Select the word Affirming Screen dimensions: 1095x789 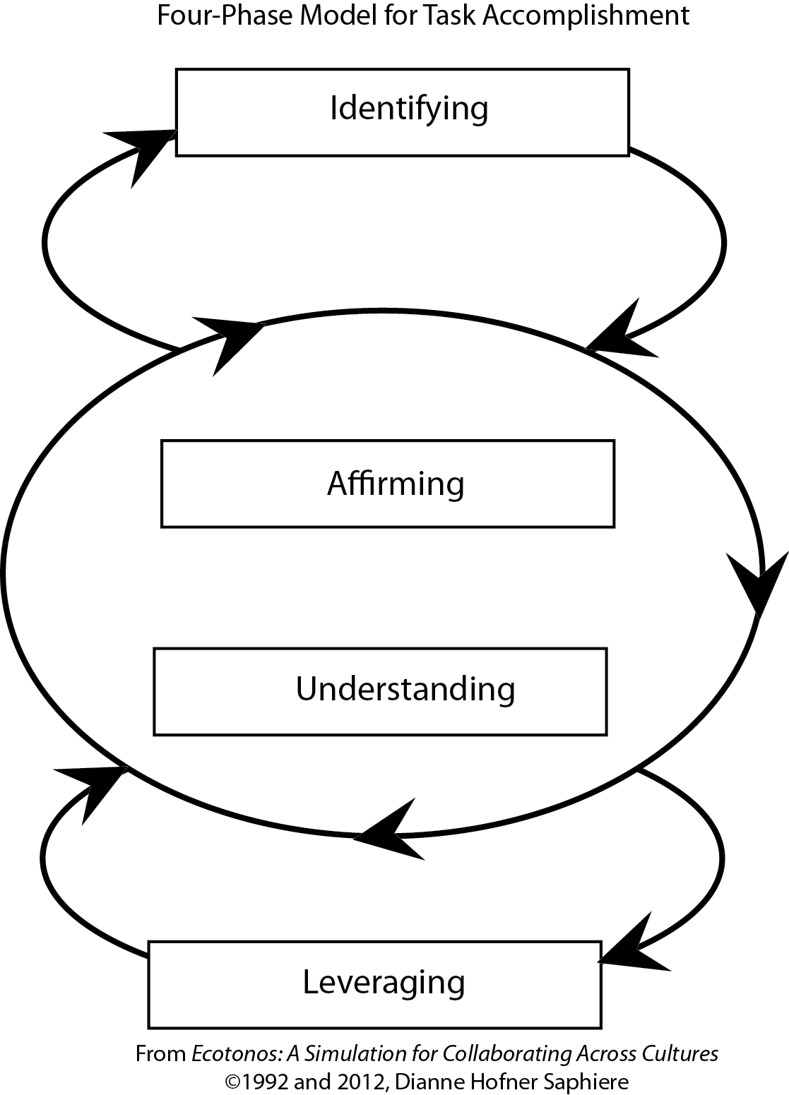[396, 484]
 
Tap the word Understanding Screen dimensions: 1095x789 [405, 690]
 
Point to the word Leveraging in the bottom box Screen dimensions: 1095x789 [384, 983]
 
